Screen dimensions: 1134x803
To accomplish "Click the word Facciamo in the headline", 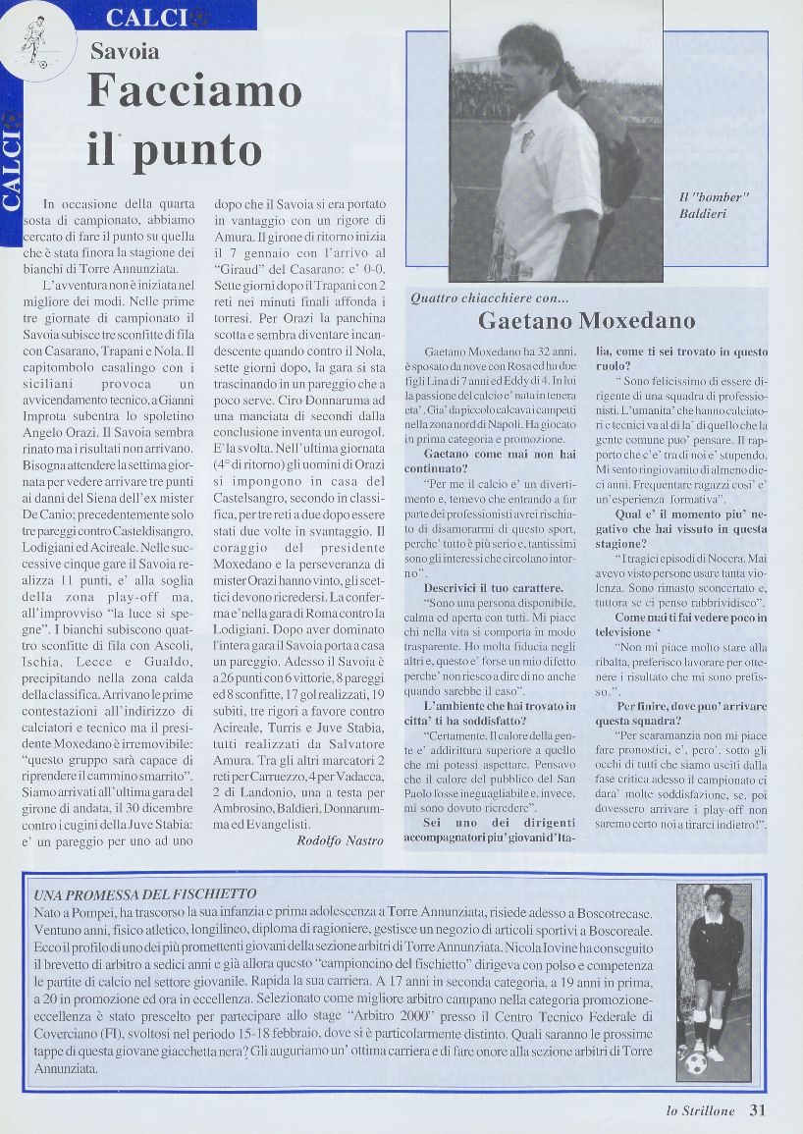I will point(193,93).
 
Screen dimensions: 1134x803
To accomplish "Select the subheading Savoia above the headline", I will point(125,52).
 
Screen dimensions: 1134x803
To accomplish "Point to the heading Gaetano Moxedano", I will point(586,321).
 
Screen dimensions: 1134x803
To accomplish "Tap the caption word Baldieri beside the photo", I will point(703,213).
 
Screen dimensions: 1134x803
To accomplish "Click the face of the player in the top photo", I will point(529,65).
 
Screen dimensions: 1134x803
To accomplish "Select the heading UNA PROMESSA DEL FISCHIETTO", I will point(145,894).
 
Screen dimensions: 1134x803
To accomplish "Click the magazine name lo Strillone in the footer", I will point(701,1111).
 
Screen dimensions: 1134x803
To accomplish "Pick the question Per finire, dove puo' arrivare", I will point(691,706).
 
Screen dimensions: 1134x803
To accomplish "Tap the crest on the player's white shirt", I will point(527,141).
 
